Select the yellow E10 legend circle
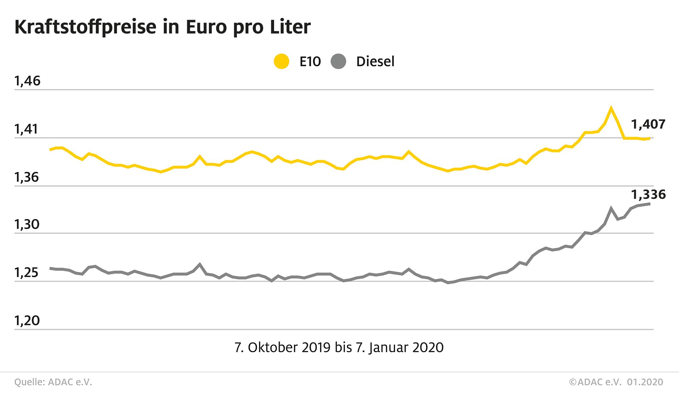281,61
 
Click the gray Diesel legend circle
339,61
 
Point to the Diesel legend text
375,61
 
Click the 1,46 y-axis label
27,81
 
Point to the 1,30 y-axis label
27,225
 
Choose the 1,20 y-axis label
27,321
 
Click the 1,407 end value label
648,124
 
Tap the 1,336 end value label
648,194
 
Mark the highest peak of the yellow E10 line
611,108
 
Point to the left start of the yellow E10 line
50,149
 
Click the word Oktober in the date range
273,347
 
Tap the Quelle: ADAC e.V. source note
53,382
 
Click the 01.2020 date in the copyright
645,382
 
